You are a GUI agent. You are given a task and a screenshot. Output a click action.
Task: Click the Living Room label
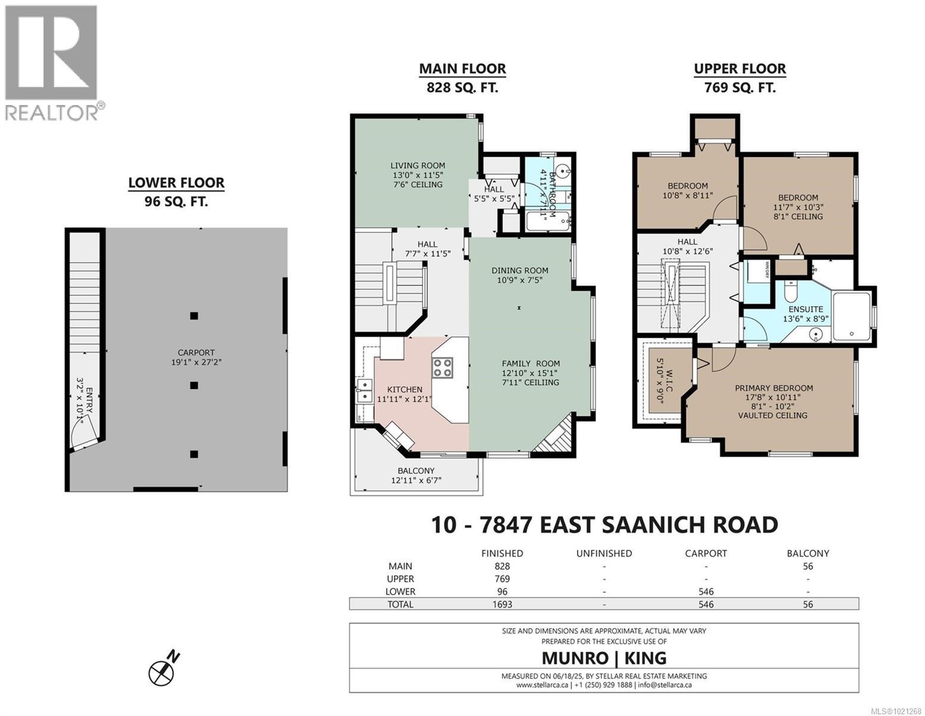[417, 166]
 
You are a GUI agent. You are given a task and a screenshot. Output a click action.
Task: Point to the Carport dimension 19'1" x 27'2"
[195, 362]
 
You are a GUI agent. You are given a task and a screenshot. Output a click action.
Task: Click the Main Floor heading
[462, 69]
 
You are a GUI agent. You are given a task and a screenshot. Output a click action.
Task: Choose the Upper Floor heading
[740, 69]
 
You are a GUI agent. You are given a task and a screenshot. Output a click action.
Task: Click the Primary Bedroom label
[774, 388]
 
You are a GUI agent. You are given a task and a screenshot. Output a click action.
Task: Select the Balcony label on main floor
[416, 471]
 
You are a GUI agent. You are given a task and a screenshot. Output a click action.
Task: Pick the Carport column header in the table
[706, 553]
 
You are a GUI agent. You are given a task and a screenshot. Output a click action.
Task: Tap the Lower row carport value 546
[706, 591]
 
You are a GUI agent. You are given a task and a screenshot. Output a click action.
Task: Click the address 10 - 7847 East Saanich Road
[604, 524]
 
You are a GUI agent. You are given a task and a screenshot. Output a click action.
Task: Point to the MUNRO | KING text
[604, 658]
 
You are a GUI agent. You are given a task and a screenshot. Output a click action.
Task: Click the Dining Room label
[520, 270]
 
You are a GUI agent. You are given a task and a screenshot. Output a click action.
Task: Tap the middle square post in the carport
[194, 385]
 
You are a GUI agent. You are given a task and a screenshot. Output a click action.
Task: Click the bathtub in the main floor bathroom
[547, 221]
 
